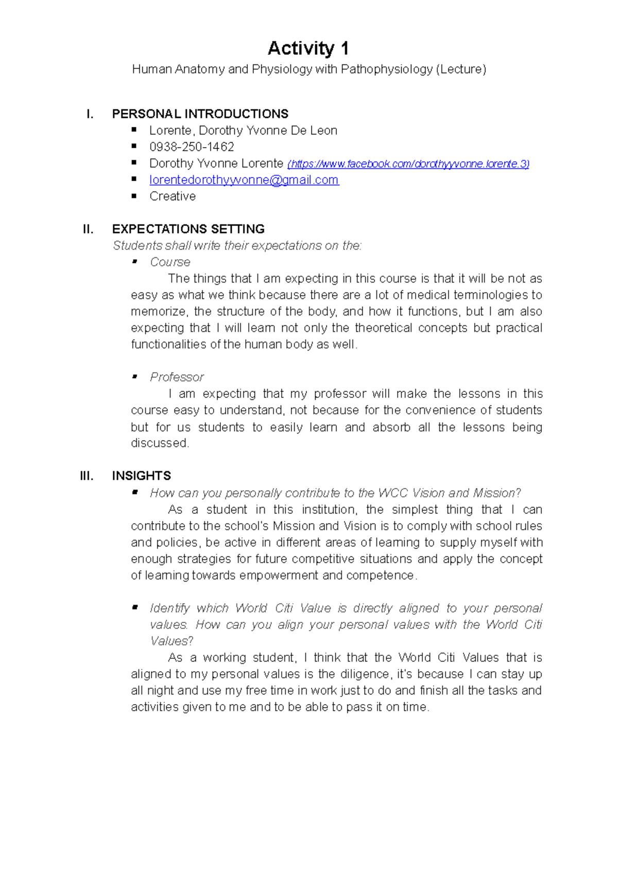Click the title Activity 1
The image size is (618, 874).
point(308,48)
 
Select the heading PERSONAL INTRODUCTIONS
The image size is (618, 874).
point(200,114)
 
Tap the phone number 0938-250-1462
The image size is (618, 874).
point(192,147)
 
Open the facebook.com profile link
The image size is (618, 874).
point(408,164)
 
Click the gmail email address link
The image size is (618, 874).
point(244,180)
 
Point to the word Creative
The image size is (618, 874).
point(173,196)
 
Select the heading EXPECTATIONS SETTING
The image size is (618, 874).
point(188,229)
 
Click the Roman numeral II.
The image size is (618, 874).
point(88,229)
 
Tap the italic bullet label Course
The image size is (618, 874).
point(170,262)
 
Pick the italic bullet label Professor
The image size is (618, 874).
point(177,377)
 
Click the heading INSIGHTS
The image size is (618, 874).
point(141,476)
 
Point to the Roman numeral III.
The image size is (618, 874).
point(87,476)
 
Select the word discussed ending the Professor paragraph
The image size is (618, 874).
point(160,443)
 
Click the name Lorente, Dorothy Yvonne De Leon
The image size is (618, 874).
point(243,131)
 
